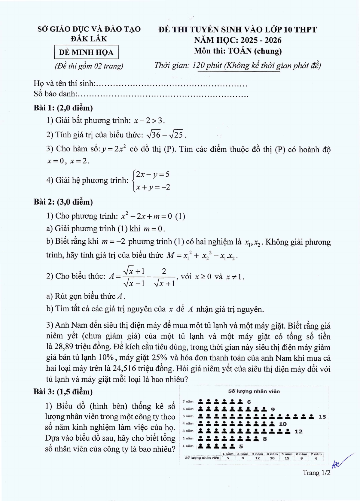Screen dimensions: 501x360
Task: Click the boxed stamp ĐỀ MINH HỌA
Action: point(86,52)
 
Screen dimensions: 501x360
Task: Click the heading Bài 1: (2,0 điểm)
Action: point(63,108)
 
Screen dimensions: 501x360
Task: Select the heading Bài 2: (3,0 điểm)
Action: point(63,202)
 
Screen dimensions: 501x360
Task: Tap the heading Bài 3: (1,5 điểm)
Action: point(63,392)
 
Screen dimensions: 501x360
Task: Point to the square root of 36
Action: point(153,135)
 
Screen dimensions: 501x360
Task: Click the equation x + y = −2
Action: point(153,187)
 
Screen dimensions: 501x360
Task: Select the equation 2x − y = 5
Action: point(153,174)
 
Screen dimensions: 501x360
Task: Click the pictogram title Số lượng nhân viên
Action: point(254,391)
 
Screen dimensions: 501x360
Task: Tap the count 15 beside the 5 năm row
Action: point(322,417)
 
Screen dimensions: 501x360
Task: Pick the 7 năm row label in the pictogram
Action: point(188,401)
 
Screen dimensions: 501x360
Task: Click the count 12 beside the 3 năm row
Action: point(298,431)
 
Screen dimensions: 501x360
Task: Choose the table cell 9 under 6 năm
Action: point(301,458)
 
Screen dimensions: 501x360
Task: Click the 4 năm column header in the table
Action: point(272,454)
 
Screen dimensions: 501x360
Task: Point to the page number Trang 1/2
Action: point(316,472)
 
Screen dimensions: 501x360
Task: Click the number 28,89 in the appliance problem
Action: point(64,347)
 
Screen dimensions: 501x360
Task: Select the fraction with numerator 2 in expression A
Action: point(164,277)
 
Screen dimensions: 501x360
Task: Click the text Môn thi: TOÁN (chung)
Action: point(238,51)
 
